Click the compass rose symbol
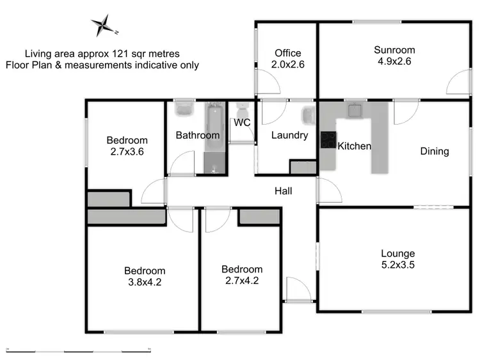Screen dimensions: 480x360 pos(103,26)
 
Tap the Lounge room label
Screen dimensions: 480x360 pos(397,253)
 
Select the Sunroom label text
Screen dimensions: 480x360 pos(395,50)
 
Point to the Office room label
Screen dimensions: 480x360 pos(287,53)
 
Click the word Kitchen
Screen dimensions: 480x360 pos(355,146)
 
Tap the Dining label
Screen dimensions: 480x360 pos(435,152)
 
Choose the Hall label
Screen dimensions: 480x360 pos(284,191)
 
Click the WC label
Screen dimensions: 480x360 pos(242,122)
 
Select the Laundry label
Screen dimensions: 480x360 pos(289,135)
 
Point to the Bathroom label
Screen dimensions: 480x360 pos(198,135)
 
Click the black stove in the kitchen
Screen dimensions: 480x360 pos(328,140)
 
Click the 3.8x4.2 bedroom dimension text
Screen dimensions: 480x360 pos(145,281)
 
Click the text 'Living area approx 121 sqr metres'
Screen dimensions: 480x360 pos(102,54)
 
